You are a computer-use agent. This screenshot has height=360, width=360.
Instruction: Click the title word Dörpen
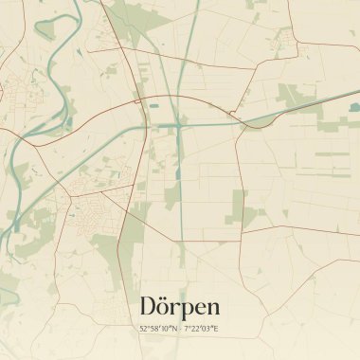coord(180,306)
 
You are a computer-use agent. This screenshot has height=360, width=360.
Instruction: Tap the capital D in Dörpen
coord(149,306)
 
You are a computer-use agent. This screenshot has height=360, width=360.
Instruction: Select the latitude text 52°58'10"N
coord(158,329)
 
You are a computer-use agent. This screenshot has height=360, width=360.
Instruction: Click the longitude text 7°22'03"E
coord(201,329)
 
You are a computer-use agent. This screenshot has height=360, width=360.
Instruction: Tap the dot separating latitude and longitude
coord(180,329)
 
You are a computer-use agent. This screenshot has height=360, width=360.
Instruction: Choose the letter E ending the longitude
coord(216,329)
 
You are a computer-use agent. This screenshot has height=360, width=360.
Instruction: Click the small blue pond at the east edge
coord(354,107)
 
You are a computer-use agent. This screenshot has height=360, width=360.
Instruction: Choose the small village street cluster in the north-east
coord(282,38)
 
